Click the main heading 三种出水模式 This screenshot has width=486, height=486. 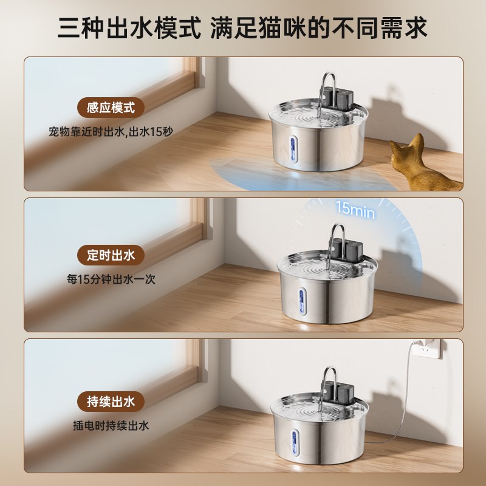(129, 27)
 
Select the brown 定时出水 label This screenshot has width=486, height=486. (111, 255)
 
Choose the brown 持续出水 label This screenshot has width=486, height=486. (111, 402)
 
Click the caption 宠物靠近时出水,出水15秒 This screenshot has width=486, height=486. (111, 131)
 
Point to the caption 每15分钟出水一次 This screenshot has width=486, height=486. (111, 279)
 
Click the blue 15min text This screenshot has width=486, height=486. (355, 210)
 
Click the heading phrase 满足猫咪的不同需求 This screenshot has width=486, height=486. (319, 27)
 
